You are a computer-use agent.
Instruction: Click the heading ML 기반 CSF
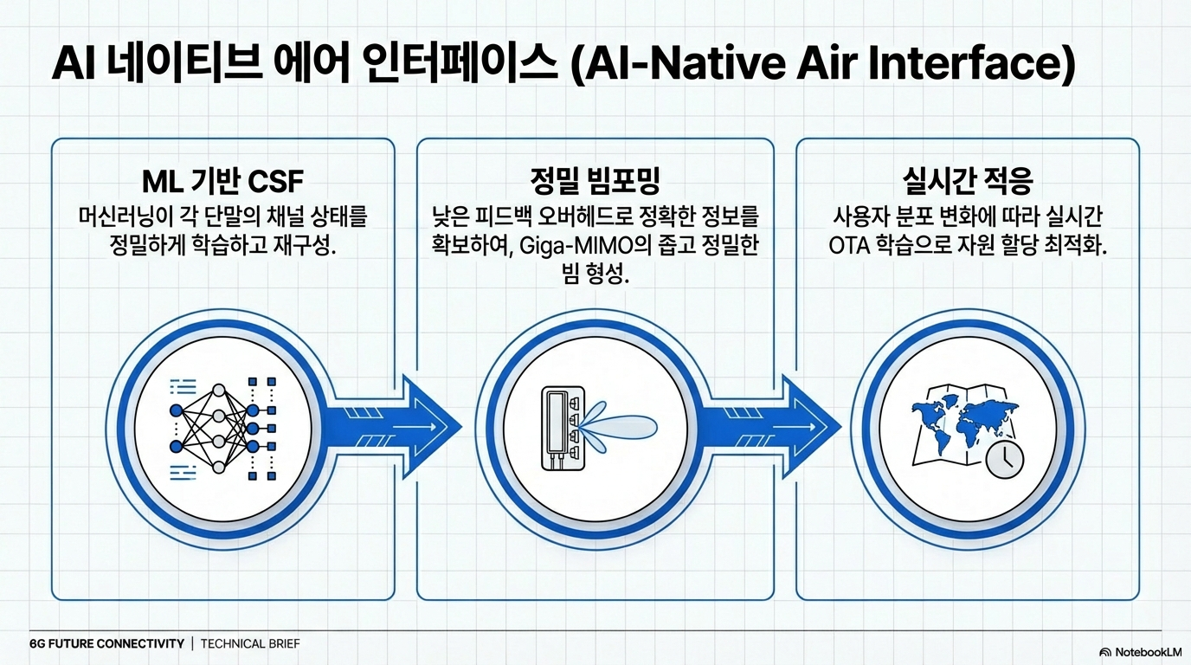(x=222, y=183)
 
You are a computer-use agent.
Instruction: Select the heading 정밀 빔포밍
(x=595, y=183)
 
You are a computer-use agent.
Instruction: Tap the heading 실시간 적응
(x=967, y=183)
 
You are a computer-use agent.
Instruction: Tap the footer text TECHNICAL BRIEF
(x=251, y=643)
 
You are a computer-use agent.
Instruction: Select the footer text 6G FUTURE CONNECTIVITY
(x=106, y=643)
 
